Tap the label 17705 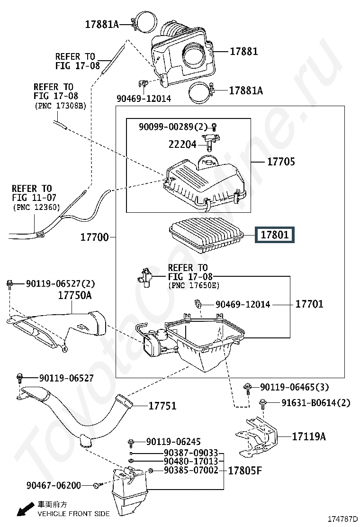[281, 162]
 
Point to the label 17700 [94, 236]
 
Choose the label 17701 [309, 304]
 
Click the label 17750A [75, 295]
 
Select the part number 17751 [162, 406]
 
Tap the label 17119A [308, 436]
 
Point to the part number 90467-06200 [54, 485]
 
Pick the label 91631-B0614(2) [315, 403]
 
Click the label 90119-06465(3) [294, 388]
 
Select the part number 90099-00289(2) [173, 127]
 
